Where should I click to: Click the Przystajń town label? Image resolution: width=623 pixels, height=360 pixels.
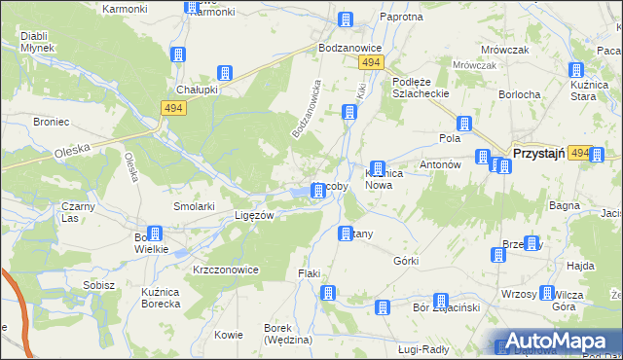coord(539,154)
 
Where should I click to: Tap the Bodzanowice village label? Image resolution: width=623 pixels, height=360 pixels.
coord(349,48)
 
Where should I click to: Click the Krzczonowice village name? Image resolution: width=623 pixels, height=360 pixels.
coord(225,269)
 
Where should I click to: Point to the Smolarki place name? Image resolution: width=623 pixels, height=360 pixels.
coord(194,206)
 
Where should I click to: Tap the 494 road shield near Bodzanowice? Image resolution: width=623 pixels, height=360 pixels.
coord(369,62)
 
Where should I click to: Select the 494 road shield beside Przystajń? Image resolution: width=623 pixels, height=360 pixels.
coord(579,154)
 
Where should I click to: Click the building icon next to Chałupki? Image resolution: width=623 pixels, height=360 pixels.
coord(225,72)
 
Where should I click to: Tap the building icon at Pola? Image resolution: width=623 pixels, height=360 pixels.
coord(464,124)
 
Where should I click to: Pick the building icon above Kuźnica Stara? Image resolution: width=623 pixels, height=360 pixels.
coord(575,70)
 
